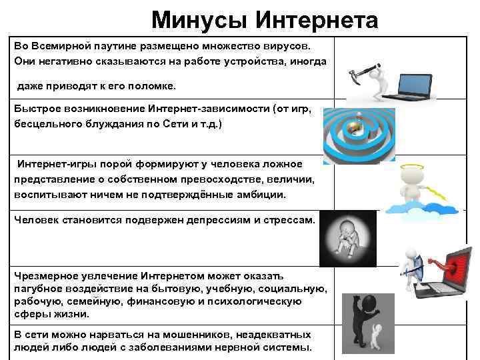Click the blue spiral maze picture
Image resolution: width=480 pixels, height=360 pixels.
click(x=359, y=134)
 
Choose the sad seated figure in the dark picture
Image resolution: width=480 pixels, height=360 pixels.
click(x=348, y=237)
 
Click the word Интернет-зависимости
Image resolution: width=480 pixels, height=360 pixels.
click(x=217, y=110)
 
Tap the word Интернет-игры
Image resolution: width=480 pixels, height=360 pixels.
click(x=51, y=165)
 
